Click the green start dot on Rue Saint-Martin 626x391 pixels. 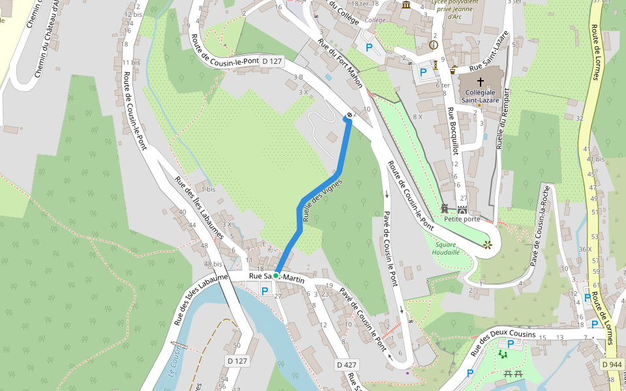tap(276, 276)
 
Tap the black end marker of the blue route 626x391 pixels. tap(350, 115)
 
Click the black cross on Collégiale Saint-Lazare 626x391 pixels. tap(481, 82)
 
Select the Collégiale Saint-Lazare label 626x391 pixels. tap(481, 96)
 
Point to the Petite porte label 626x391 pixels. tap(462, 220)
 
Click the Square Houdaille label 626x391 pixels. tap(447, 248)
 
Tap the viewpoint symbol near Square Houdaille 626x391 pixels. tap(486, 245)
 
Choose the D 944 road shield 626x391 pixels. tap(612, 364)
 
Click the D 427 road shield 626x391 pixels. tap(347, 364)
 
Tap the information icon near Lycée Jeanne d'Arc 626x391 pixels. tap(434, 45)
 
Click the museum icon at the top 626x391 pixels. tap(406, 6)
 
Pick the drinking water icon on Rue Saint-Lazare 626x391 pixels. tap(454, 68)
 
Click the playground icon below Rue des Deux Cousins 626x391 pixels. tap(502, 354)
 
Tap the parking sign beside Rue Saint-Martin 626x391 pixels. tap(265, 291)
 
